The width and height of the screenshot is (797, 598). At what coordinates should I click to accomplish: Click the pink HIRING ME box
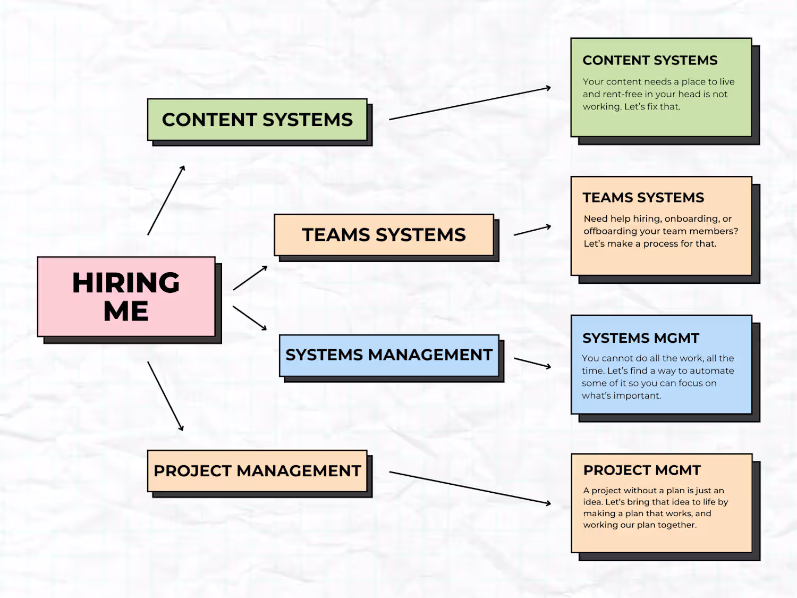126,297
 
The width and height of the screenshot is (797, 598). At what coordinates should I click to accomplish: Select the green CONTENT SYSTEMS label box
257,120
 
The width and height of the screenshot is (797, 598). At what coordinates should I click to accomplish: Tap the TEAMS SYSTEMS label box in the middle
384,235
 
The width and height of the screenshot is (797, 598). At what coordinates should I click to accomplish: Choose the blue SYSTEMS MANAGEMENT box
389,355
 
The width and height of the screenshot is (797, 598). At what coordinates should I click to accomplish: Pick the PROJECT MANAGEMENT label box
257,471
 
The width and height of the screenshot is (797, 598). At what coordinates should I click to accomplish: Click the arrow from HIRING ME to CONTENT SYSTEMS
166,200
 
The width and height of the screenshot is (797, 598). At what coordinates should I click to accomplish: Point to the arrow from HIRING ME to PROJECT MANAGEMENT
166,397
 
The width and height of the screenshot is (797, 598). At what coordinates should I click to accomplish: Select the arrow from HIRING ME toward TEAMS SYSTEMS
250,278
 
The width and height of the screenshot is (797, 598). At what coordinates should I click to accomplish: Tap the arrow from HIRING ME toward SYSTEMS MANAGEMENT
250,318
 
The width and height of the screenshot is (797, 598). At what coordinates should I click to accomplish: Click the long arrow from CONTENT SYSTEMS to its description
470,103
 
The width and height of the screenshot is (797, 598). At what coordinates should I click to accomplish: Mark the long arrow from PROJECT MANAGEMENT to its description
470,487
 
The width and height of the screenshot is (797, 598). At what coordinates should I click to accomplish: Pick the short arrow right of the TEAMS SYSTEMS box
532,230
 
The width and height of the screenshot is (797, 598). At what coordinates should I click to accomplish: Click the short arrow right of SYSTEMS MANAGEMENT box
532,363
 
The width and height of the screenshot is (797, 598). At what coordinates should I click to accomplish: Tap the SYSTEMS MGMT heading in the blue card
641,338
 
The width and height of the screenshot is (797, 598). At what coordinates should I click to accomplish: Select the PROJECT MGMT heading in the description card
642,470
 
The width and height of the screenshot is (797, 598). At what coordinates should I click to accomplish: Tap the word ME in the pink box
126,311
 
